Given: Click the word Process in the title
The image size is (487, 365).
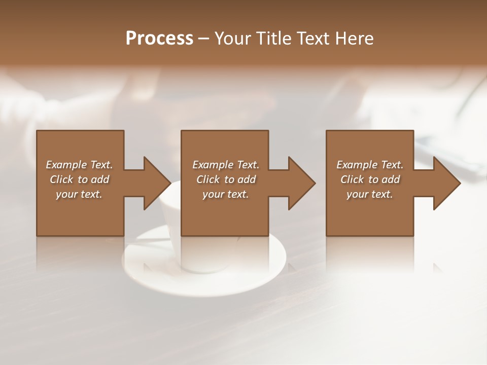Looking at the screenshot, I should point(159,39).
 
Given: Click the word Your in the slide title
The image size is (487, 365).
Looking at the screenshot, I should point(233,39).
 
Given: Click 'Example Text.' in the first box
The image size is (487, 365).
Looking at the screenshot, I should point(79,165).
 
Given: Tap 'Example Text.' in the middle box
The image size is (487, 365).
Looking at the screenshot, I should point(226,165).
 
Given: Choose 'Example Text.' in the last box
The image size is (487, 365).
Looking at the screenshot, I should point(370,165).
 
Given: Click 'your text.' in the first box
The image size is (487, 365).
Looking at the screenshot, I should point(79,194).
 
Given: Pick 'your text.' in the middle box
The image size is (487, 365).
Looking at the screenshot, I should point(226,194).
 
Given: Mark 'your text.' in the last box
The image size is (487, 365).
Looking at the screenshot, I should point(370,194).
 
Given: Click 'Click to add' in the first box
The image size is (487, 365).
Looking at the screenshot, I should point(79,179).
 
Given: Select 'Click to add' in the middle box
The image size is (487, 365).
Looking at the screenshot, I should point(226,179).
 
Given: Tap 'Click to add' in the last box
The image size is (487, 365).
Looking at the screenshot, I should point(370,179).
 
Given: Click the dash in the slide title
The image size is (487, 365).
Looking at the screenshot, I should point(204,39).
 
